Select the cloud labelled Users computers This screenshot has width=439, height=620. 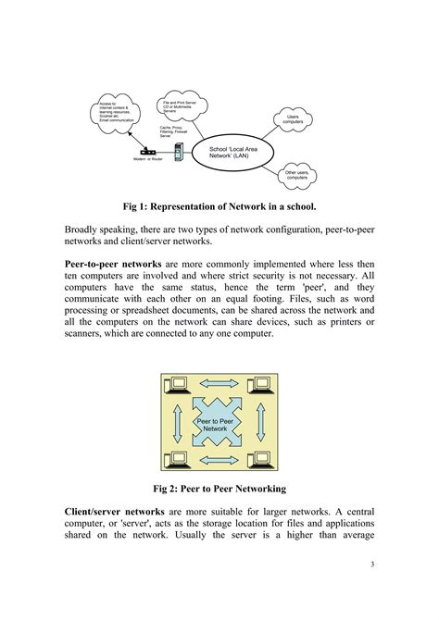coord(294,118)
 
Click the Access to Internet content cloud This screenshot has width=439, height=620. coord(118,115)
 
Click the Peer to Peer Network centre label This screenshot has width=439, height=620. coord(215,425)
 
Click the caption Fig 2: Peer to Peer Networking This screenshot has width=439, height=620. coord(219,488)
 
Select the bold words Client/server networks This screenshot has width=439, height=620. coord(114,510)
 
